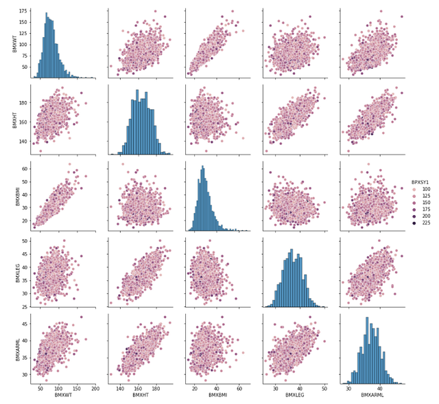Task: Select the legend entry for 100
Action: tap(426, 189)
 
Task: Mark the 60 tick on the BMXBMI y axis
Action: tap(24, 168)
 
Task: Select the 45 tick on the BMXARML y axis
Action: tap(24, 323)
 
